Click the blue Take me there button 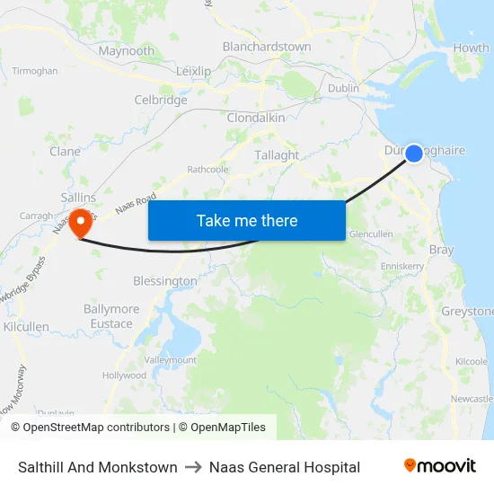coord(247,220)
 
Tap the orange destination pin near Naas coord(80,220)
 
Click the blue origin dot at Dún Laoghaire coord(414,154)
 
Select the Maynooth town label coord(127,51)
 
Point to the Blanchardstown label coord(267,47)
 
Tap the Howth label coord(472,48)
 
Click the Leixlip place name coord(194,71)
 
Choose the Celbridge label coord(161,101)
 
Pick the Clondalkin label coord(256,118)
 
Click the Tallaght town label coord(277,154)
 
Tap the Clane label coord(65,152)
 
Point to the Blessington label coord(164,281)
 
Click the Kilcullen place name coord(26,327)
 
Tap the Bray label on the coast coord(442,250)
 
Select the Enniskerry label coord(401,267)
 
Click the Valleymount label coord(171,359)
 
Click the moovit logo coord(440,466)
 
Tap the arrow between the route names coord(193,467)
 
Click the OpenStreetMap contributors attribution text coord(91,428)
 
